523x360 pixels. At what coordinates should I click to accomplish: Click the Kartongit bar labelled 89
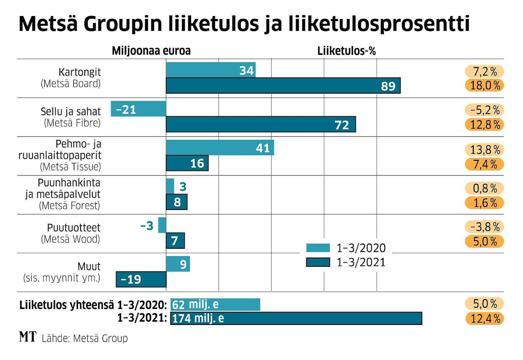pyautogui.click(x=283, y=86)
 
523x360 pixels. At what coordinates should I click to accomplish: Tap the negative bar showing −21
pyautogui.click(x=138, y=109)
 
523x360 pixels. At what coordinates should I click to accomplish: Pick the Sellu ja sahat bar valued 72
pyautogui.click(x=260, y=124)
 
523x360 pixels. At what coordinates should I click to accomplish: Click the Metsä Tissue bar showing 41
pyautogui.click(x=219, y=148)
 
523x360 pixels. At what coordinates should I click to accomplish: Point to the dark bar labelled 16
pyautogui.click(x=187, y=163)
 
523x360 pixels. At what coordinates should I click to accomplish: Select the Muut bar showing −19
pyautogui.click(x=141, y=279)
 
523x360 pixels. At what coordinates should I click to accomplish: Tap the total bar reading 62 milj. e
pyautogui.click(x=215, y=305)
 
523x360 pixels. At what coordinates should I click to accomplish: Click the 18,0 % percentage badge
pyautogui.click(x=485, y=86)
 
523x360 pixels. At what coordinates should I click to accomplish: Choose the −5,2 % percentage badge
pyautogui.click(x=485, y=110)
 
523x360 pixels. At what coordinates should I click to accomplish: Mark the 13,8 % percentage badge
pyautogui.click(x=485, y=149)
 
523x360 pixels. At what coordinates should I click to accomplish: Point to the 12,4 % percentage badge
pyautogui.click(x=485, y=318)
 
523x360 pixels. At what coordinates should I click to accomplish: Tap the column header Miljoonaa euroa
pyautogui.click(x=151, y=51)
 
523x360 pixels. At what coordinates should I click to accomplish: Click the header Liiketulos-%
pyautogui.click(x=346, y=51)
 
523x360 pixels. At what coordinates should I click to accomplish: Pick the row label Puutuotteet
pyautogui.click(x=74, y=228)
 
